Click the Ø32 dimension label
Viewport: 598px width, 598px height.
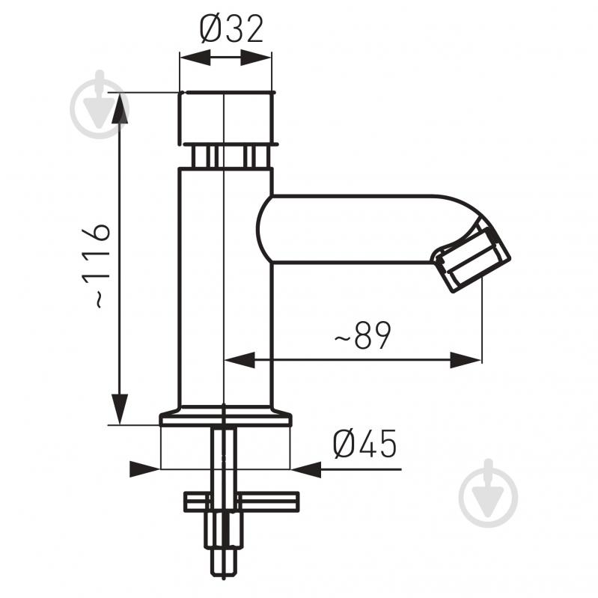click(231, 29)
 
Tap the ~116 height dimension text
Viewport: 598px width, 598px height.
click(96, 266)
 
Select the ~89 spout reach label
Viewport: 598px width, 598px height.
click(363, 335)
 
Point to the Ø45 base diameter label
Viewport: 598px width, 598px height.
click(364, 444)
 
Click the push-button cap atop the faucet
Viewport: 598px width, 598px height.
click(226, 118)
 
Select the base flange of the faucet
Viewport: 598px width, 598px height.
click(225, 416)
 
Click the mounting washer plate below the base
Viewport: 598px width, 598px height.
click(242, 502)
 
